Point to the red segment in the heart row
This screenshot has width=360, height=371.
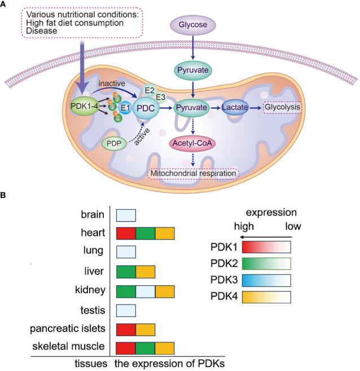(126, 233)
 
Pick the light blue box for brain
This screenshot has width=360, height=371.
(126, 214)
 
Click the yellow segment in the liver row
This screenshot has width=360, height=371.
(145, 272)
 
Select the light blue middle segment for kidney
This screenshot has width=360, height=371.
(145, 291)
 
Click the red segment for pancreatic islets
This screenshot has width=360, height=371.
(126, 330)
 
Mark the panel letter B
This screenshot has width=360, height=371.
(5, 195)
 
